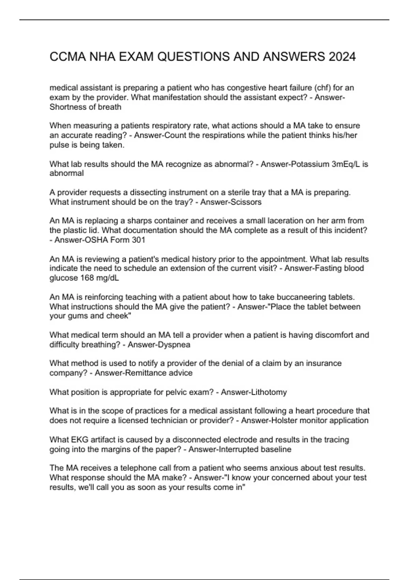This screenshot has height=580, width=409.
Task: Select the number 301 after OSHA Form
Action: click(138, 240)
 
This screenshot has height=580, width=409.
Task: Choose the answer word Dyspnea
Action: click(174, 345)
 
